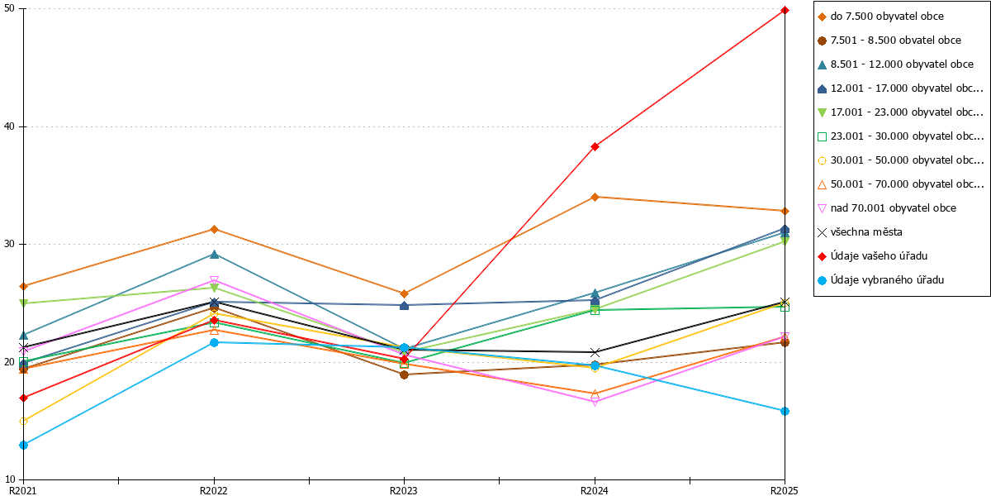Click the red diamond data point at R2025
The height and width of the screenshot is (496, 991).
tap(785, 10)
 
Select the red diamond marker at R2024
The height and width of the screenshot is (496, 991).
tap(595, 146)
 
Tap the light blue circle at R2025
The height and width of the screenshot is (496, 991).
tap(785, 411)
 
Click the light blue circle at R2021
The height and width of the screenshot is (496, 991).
tap(23, 445)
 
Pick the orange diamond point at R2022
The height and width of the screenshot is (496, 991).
tap(214, 229)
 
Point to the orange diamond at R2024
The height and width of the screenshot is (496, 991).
tap(595, 197)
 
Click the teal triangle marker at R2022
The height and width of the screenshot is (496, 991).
tap(214, 255)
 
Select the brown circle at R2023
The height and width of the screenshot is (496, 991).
tap(404, 374)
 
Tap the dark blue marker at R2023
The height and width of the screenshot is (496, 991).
tap(404, 306)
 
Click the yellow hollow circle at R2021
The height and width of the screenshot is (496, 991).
tap(23, 421)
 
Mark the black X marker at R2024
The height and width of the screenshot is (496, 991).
tap(595, 352)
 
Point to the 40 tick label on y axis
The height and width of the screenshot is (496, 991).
tap(10, 126)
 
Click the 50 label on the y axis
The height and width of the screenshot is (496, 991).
tap(10, 8)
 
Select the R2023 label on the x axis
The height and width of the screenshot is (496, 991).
tap(404, 490)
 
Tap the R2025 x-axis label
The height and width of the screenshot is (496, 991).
tap(784, 490)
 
